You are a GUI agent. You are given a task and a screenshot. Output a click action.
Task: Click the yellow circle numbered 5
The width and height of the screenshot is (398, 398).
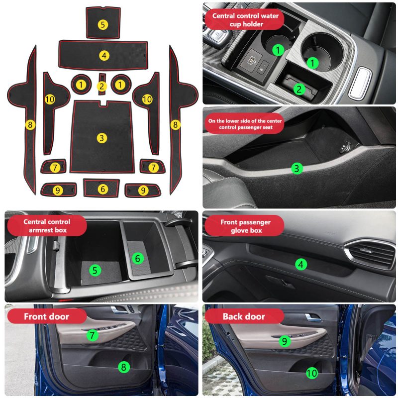[103, 24]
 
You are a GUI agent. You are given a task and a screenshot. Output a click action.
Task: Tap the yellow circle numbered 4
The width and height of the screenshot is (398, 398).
[104, 55]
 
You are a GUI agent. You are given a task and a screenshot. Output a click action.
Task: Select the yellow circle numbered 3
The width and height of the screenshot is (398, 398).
[102, 138]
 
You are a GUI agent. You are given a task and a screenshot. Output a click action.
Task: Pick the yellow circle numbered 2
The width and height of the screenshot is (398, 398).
[102, 86]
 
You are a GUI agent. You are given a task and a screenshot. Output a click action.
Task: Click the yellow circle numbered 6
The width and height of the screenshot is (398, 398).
[103, 189]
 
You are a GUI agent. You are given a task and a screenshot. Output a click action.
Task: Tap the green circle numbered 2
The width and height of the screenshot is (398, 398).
[299, 89]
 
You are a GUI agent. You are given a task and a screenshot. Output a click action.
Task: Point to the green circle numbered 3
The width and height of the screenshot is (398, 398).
[297, 168]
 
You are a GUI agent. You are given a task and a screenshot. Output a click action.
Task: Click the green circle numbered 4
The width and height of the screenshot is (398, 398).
[301, 265]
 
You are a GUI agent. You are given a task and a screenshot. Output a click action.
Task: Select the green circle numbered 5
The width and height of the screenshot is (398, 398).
[95, 270]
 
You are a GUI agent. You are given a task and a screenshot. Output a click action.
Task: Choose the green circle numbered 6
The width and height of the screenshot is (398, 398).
[138, 258]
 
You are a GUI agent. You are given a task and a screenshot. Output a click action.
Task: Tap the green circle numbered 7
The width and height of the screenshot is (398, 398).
[92, 335]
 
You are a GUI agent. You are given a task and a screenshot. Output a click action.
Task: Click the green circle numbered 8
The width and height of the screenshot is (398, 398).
[124, 367]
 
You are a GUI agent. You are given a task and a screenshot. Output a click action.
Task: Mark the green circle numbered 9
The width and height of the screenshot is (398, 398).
[285, 341]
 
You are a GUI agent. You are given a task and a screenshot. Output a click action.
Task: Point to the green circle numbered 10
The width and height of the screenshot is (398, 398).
[312, 373]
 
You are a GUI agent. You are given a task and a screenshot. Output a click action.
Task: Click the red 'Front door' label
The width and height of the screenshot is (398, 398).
[47, 316]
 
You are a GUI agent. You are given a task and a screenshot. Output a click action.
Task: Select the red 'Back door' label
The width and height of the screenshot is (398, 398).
[244, 316]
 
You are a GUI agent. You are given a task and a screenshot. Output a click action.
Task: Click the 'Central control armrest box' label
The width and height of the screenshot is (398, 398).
[47, 226]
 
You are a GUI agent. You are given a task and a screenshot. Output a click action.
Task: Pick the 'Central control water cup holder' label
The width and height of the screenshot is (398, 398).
[245, 20]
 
